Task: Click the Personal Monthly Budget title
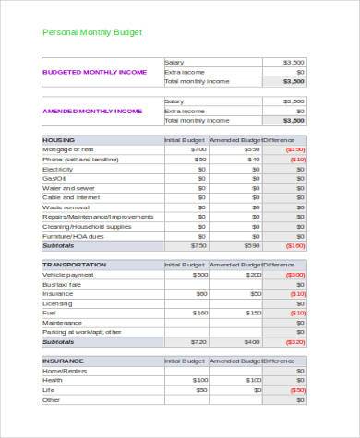pyautogui.click(x=92, y=32)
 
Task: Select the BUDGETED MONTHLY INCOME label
pyautogui.click(x=94, y=72)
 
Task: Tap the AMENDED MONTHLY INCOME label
pyautogui.click(x=92, y=111)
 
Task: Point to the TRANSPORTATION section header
pyautogui.click(x=75, y=265)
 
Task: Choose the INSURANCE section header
pyautogui.click(x=64, y=361)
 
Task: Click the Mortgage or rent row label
pyautogui.click(x=69, y=149)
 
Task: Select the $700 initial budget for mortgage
pyautogui.click(x=198, y=149)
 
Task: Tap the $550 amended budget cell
pyautogui.click(x=252, y=149)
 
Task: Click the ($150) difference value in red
pyautogui.click(x=295, y=149)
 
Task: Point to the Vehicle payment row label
pyautogui.click(x=68, y=274)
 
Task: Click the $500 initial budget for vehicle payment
pyautogui.click(x=199, y=274)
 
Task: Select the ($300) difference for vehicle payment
pyautogui.click(x=295, y=274)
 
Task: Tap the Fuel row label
pyautogui.click(x=49, y=313)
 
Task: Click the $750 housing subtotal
pyautogui.click(x=198, y=246)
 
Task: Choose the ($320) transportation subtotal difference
pyautogui.click(x=295, y=341)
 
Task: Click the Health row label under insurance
pyautogui.click(x=53, y=380)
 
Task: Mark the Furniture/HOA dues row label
pyautogui.click(x=75, y=236)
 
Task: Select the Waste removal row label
pyautogui.click(x=66, y=207)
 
